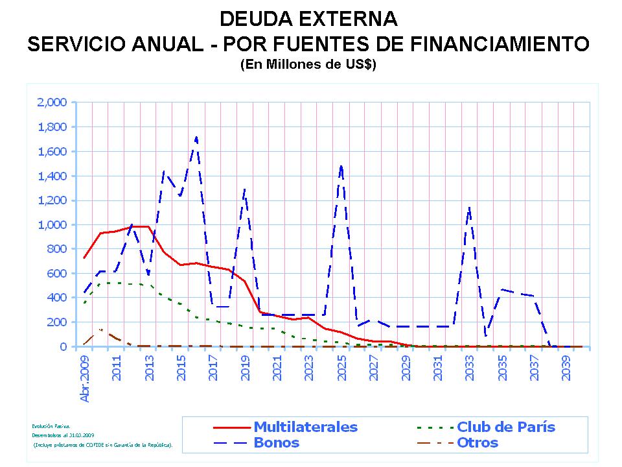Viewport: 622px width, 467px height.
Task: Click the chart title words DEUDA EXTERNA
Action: [x=308, y=18]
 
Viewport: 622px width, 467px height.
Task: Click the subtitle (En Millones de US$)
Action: [x=308, y=66]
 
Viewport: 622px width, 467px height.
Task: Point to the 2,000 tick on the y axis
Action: [x=53, y=102]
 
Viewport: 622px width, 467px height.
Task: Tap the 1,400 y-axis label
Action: [x=53, y=176]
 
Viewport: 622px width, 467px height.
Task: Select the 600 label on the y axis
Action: [x=58, y=273]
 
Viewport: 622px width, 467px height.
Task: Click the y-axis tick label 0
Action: [x=64, y=346]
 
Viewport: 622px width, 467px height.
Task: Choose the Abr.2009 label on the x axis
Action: [x=84, y=377]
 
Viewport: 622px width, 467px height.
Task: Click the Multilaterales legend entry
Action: [x=305, y=427]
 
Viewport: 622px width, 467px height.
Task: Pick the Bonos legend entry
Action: [x=277, y=443]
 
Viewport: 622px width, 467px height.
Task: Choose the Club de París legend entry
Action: [x=505, y=427]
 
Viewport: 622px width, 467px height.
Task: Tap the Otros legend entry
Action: [x=478, y=443]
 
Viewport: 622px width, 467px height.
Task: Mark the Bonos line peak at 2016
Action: [x=196, y=137]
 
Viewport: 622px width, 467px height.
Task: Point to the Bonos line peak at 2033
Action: [x=469, y=208]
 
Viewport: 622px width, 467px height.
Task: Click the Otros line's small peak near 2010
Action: [x=100, y=329]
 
